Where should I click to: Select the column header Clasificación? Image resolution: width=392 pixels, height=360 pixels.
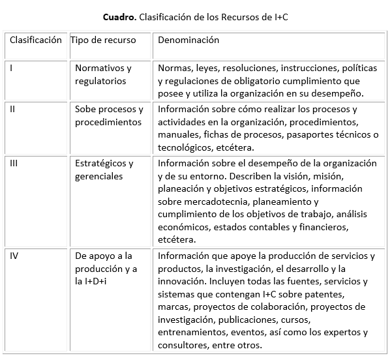pyautogui.click(x=35, y=40)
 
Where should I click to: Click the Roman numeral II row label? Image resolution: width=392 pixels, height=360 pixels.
pyautogui.click(x=13, y=109)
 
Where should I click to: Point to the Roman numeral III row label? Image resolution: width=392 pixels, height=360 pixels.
pyautogui.click(x=14, y=163)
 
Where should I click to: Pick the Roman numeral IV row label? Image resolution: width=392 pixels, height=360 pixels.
pyautogui.click(x=14, y=256)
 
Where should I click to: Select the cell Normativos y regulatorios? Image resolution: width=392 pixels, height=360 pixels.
pyautogui.click(x=103, y=74)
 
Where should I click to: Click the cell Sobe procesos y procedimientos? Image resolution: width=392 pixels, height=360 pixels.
pyautogui.click(x=108, y=115)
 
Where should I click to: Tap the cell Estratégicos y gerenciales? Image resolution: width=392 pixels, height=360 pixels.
pyautogui.click(x=104, y=170)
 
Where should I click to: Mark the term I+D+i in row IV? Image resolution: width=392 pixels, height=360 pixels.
pyautogui.click(x=91, y=280)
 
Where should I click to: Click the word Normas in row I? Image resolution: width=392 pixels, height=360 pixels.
pyautogui.click(x=173, y=68)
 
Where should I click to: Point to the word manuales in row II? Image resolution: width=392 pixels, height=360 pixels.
pyautogui.click(x=178, y=134)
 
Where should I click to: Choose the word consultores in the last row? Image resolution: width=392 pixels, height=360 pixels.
pyautogui.click(x=183, y=345)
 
